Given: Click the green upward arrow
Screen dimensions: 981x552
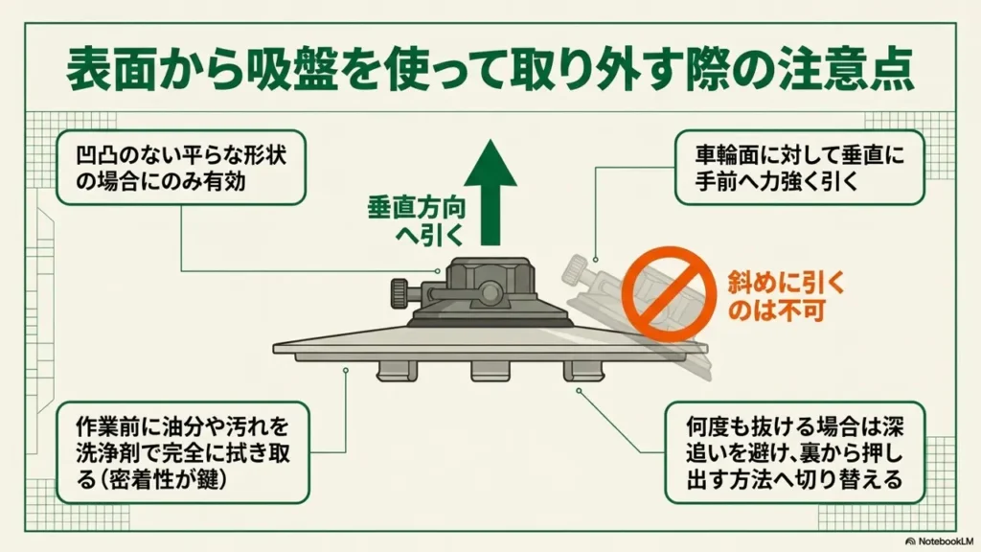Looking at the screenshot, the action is (490, 192).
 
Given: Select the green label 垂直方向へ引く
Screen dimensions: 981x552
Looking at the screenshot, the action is (416, 221).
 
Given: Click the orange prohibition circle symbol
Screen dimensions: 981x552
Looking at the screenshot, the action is (669, 294).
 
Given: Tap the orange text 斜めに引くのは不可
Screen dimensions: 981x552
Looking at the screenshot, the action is (786, 296).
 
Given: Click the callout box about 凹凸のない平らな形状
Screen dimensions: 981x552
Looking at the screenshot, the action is (181, 167).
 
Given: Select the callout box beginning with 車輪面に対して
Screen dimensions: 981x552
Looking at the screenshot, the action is (800, 167).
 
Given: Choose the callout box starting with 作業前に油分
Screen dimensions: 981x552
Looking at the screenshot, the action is (183, 452).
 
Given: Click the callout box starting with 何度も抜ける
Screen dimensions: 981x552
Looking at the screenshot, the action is (794, 452).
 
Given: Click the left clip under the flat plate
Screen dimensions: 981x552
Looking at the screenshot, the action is (396, 371).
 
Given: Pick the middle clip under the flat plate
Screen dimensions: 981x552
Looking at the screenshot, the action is (490, 371).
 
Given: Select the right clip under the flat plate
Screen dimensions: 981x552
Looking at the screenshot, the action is (584, 371).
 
